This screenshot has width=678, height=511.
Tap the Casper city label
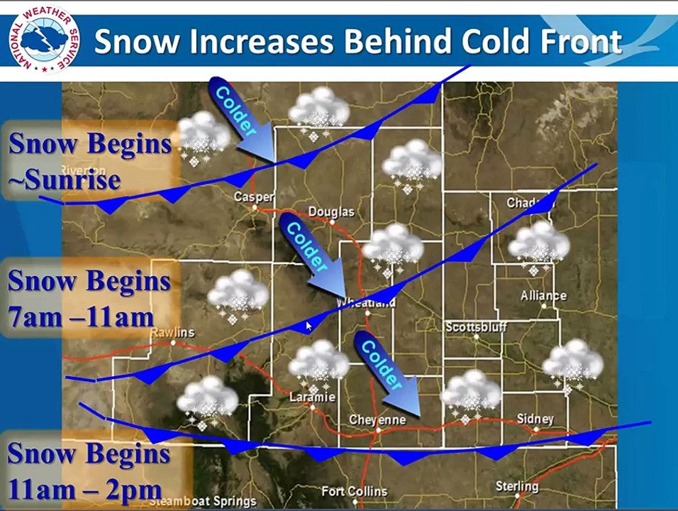pos(254,197)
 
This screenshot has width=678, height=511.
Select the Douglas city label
pos(330,211)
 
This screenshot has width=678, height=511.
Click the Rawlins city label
pos(172,333)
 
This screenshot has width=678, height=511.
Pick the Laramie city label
pos(312,397)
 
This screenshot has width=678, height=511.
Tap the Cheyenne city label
pos(377,420)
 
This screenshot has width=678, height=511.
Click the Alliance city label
pos(543,295)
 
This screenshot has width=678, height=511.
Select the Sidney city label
pos(535,419)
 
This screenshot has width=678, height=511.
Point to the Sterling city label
pos(517,486)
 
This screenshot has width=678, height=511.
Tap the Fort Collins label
pos(354,491)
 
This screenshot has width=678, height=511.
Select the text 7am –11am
pos(81,317)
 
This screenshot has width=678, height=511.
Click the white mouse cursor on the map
pos(309,326)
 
